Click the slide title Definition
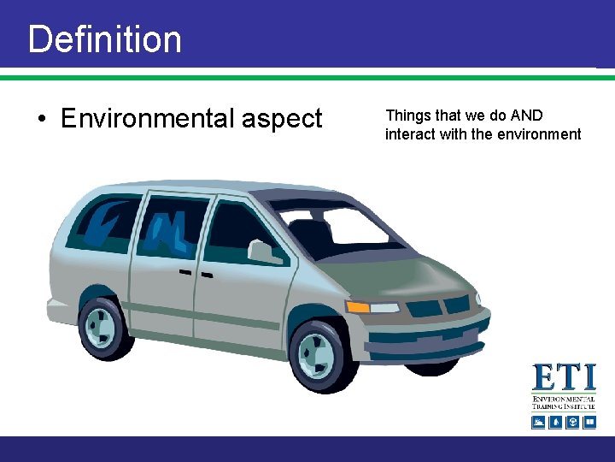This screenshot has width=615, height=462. point(104,39)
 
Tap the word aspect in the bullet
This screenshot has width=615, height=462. point(282,119)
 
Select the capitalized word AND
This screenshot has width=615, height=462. point(526,115)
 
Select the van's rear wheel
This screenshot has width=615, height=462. point(104,327)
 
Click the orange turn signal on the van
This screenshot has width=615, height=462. point(358,306)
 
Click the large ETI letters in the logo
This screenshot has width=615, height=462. point(563,378)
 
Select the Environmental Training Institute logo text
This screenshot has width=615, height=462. point(563,403)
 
